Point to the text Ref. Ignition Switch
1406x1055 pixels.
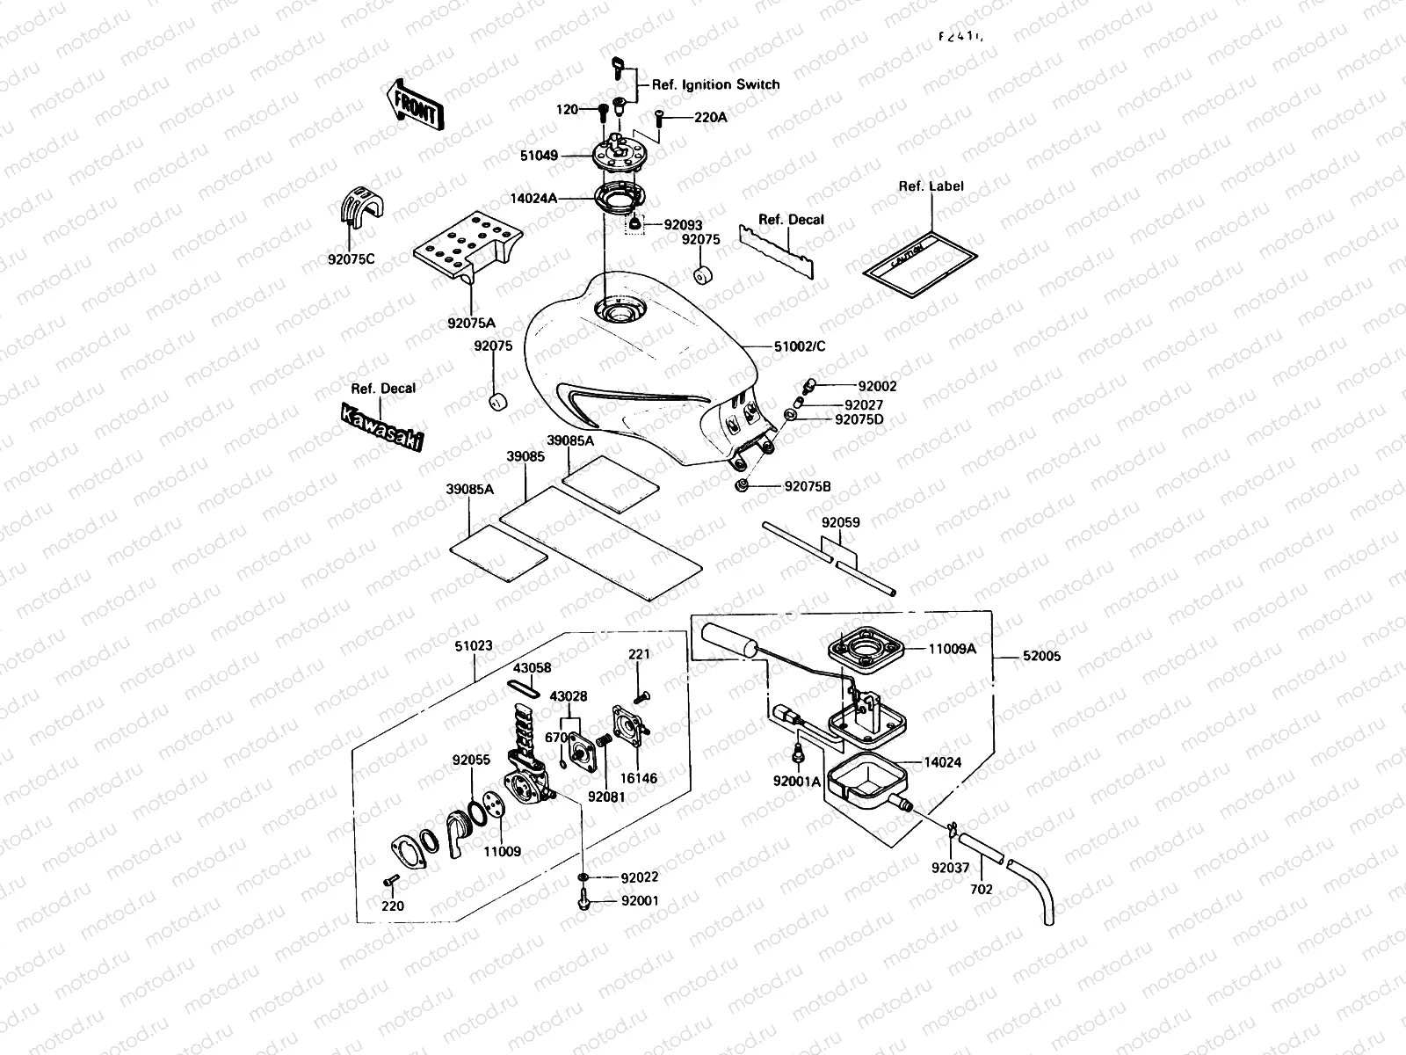[715, 85]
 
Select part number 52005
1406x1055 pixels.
[1041, 656]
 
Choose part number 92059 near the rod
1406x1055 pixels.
[841, 522]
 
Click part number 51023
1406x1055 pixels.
[474, 645]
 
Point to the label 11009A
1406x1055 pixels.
[953, 651]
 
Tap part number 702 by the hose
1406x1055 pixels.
[981, 889]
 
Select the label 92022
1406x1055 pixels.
[639, 877]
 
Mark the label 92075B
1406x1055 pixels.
[808, 486]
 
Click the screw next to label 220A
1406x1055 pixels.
[659, 117]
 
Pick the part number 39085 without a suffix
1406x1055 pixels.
[525, 457]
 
